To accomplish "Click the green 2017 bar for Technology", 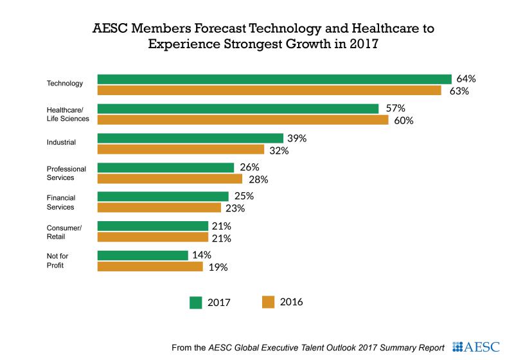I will [274, 79].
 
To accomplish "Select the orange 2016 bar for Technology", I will [269, 91].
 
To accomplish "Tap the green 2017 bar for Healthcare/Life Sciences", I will [238, 109].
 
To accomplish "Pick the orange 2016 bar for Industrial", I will [181, 150].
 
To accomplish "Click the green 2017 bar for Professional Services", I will [166, 167].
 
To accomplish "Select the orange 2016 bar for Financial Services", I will [159, 208].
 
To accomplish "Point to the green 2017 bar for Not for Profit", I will [143, 255].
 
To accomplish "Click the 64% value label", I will [465, 79].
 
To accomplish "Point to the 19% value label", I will [218, 267].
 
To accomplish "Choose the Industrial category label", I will [62, 142].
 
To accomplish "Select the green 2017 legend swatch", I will [197, 302].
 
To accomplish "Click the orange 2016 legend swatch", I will [268, 301].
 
